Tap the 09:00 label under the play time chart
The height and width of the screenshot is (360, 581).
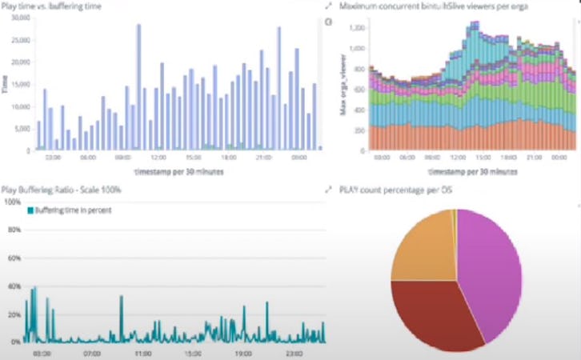tap(122, 158)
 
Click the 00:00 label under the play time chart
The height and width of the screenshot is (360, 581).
tap(300, 158)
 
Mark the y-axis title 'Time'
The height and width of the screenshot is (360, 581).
tap(6, 84)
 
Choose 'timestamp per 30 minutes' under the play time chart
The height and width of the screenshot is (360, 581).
tap(167, 171)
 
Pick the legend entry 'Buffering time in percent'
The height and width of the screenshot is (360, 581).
tap(73, 210)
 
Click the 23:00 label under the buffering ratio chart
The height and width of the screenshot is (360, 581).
tap(294, 352)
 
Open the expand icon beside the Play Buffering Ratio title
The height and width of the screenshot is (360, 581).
tap(329, 190)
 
